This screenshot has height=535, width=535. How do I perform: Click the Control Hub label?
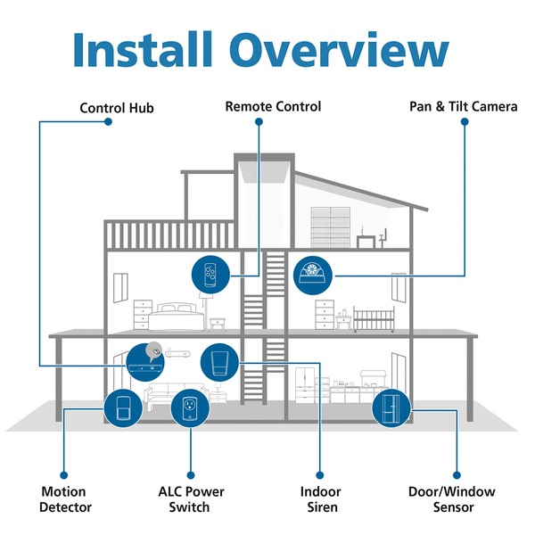point(117,109)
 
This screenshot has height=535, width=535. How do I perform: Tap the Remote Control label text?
point(273,107)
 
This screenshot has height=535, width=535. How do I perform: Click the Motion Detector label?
point(64,499)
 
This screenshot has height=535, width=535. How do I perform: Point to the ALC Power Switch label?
point(191,499)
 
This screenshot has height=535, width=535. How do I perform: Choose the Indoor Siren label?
point(319,499)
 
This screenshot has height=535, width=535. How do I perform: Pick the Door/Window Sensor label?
point(451,499)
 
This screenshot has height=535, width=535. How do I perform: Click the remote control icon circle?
point(211,274)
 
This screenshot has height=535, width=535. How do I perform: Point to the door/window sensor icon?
point(391,409)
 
